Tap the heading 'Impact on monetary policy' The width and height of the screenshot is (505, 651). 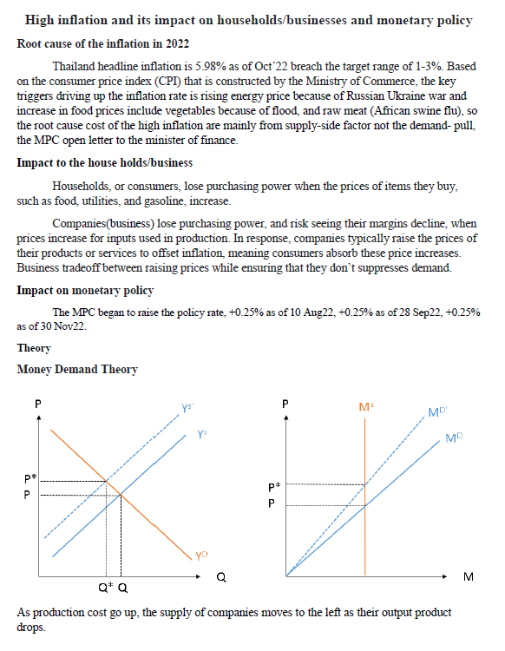85,290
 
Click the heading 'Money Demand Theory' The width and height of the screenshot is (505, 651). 77,369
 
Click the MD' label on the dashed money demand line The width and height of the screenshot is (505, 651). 438,411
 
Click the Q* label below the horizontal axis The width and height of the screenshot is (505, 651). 103,588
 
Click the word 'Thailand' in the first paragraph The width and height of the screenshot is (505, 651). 75,66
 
